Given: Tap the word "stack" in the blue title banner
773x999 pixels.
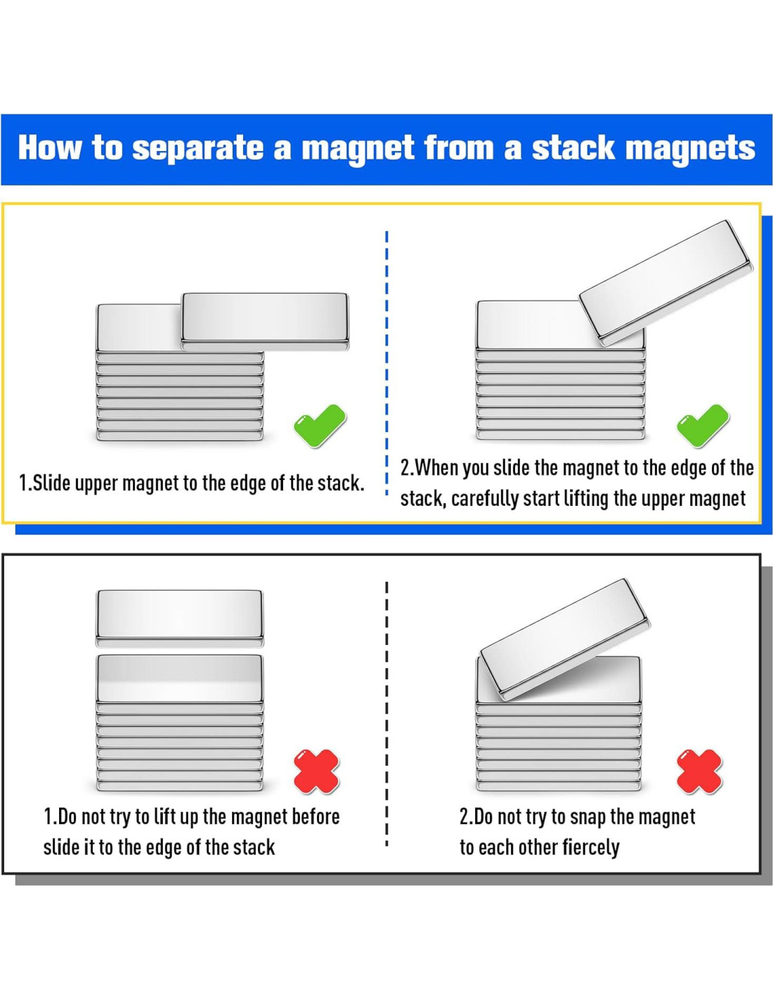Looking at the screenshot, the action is tap(573, 148).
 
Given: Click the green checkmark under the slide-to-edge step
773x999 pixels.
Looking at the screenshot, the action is tap(320, 426).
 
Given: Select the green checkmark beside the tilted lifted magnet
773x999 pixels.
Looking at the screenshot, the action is tap(703, 426).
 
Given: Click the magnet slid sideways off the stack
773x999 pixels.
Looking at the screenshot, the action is tap(265, 322).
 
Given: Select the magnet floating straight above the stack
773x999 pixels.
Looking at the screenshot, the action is tap(179, 618).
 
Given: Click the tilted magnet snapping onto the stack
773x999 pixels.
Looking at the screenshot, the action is tap(565, 639).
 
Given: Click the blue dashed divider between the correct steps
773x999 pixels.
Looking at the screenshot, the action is tap(386, 363).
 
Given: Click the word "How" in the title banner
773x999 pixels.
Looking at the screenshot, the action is tap(51, 148).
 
